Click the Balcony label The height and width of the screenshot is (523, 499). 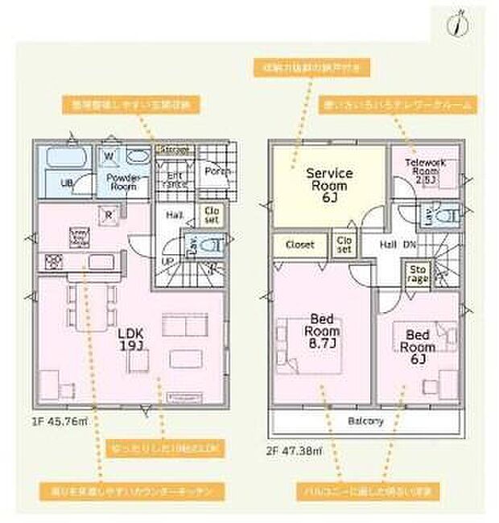click(365, 422)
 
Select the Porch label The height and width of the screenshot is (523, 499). click(219, 171)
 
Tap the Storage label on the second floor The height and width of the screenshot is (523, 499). click(417, 274)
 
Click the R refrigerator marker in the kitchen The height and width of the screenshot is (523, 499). click(108, 214)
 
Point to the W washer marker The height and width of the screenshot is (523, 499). click(109, 155)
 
